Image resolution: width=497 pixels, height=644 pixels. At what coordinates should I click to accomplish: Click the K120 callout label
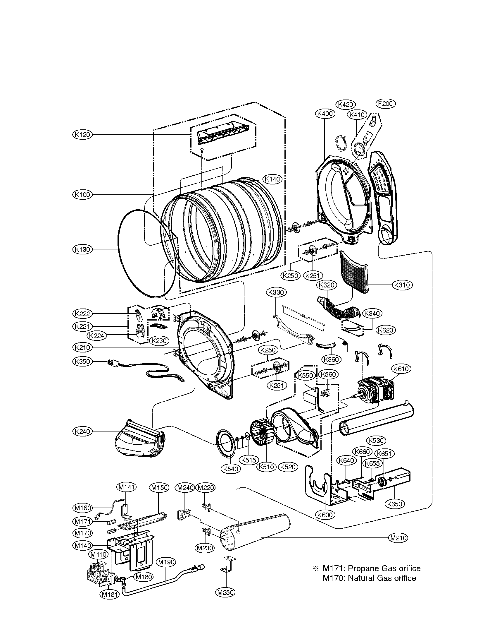pos(82,135)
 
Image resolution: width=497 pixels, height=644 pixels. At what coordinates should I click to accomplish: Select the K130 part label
pos(82,249)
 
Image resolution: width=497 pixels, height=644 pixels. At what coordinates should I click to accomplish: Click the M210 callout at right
pos(398,538)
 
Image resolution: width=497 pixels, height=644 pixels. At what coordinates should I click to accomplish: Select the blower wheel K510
pos(260,436)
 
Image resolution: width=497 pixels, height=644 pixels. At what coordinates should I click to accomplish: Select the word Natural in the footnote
pos(361,578)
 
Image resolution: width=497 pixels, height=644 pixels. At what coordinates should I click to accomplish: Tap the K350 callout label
pos(82,362)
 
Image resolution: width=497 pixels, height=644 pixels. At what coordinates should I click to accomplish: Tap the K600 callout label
pos(325,515)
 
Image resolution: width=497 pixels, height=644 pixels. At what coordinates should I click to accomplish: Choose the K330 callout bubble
pos(276,292)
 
